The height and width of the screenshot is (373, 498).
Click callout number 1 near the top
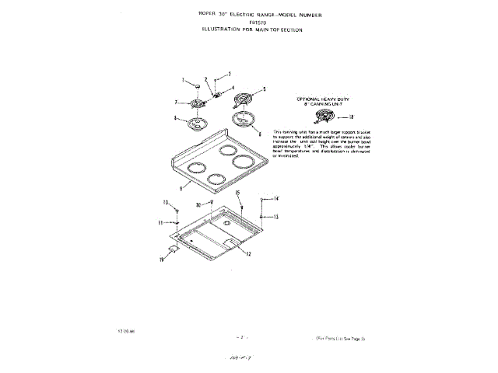tap(184, 80)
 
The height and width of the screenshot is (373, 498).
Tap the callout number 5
tap(264, 90)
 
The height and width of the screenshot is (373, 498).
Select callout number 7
tap(176, 102)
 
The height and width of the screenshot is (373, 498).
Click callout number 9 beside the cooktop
tap(180, 189)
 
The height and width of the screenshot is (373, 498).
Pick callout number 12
tap(247, 254)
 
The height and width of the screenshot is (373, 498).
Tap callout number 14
tap(277, 200)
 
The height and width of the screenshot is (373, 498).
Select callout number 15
tap(238, 191)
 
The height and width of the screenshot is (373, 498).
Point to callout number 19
tap(162, 260)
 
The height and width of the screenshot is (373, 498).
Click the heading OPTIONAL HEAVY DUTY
tap(325, 100)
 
